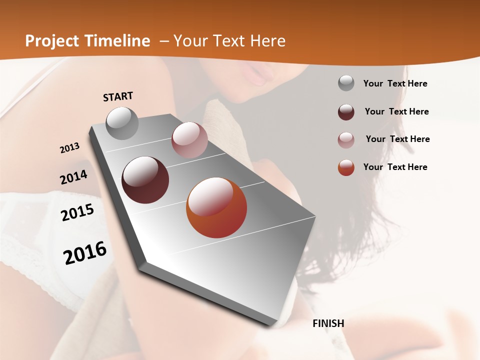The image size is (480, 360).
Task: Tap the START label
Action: tap(118, 96)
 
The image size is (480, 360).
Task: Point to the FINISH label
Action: tap(328, 323)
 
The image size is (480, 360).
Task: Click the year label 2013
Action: tap(70, 147)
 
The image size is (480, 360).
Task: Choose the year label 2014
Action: tap(74, 177)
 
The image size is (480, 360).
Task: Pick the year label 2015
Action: tap(77, 212)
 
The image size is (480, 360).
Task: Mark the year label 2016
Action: tap(85, 252)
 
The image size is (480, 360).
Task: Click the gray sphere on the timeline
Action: tap(122, 123)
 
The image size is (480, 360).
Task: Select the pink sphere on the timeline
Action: tap(189, 140)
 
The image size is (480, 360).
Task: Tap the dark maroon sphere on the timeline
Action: tap(145, 180)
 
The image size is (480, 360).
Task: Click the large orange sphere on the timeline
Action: tap(216, 207)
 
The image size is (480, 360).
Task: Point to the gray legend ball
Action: tap(346, 83)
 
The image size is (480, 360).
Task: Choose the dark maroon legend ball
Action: tap(346, 112)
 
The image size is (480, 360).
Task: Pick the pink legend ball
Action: tap(346, 140)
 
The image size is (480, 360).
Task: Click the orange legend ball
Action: tap(346, 167)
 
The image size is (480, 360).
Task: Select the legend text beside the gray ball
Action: tap(395, 83)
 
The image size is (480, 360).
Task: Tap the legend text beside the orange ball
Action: tap(395, 167)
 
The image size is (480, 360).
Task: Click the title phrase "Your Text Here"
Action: tap(229, 41)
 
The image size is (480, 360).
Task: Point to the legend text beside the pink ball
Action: tap(398, 139)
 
